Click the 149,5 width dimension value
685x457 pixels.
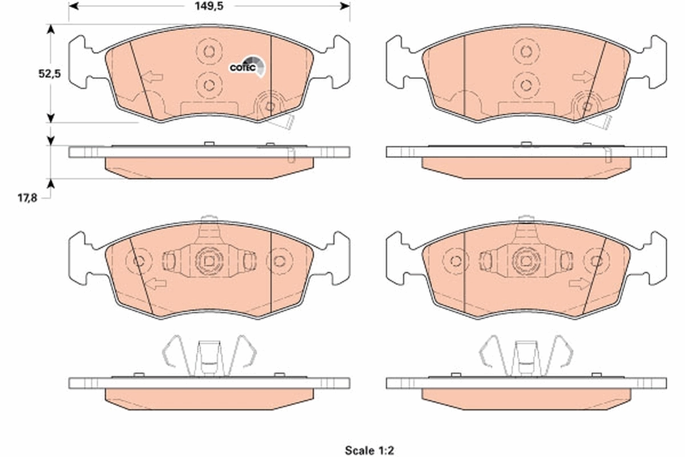pos(209,6)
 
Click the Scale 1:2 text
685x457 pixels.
pos(369,450)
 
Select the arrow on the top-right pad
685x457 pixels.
pos(585,77)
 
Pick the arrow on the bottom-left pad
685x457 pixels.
pos(155,283)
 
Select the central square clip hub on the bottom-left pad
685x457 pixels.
pos(208,261)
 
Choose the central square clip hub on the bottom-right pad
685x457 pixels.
pos(525,261)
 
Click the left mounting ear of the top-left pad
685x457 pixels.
pos(80,62)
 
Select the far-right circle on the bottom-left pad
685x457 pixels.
pos(279,261)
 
